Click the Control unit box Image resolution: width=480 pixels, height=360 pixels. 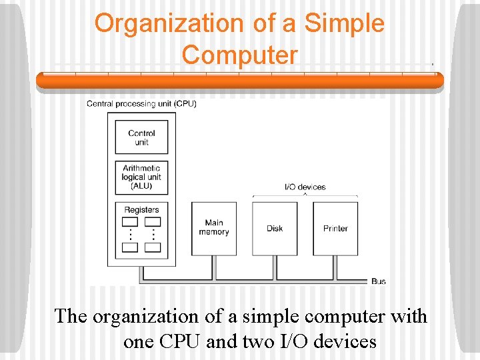point(141,137)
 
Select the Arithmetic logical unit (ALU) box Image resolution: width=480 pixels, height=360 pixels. point(141,177)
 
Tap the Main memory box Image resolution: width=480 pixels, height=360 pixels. point(213,228)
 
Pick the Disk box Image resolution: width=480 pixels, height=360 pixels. point(275,228)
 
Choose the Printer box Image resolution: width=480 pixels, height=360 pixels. point(335,228)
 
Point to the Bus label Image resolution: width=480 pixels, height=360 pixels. point(378,281)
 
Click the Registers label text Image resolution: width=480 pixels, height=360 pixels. point(141,209)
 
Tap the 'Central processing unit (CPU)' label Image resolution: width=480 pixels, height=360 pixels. point(141,103)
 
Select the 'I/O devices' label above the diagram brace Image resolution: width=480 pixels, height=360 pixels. point(305,187)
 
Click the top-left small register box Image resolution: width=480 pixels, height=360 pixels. point(131,221)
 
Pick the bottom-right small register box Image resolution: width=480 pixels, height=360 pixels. point(153,247)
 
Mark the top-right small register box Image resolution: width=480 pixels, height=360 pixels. point(153,221)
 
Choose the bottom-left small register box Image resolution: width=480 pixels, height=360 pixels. point(131,247)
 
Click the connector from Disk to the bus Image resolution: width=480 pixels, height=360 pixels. point(275,267)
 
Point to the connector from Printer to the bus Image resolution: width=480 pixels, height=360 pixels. point(335,267)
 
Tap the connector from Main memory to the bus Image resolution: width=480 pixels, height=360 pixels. point(213,267)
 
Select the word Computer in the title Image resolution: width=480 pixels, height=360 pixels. point(239,55)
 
